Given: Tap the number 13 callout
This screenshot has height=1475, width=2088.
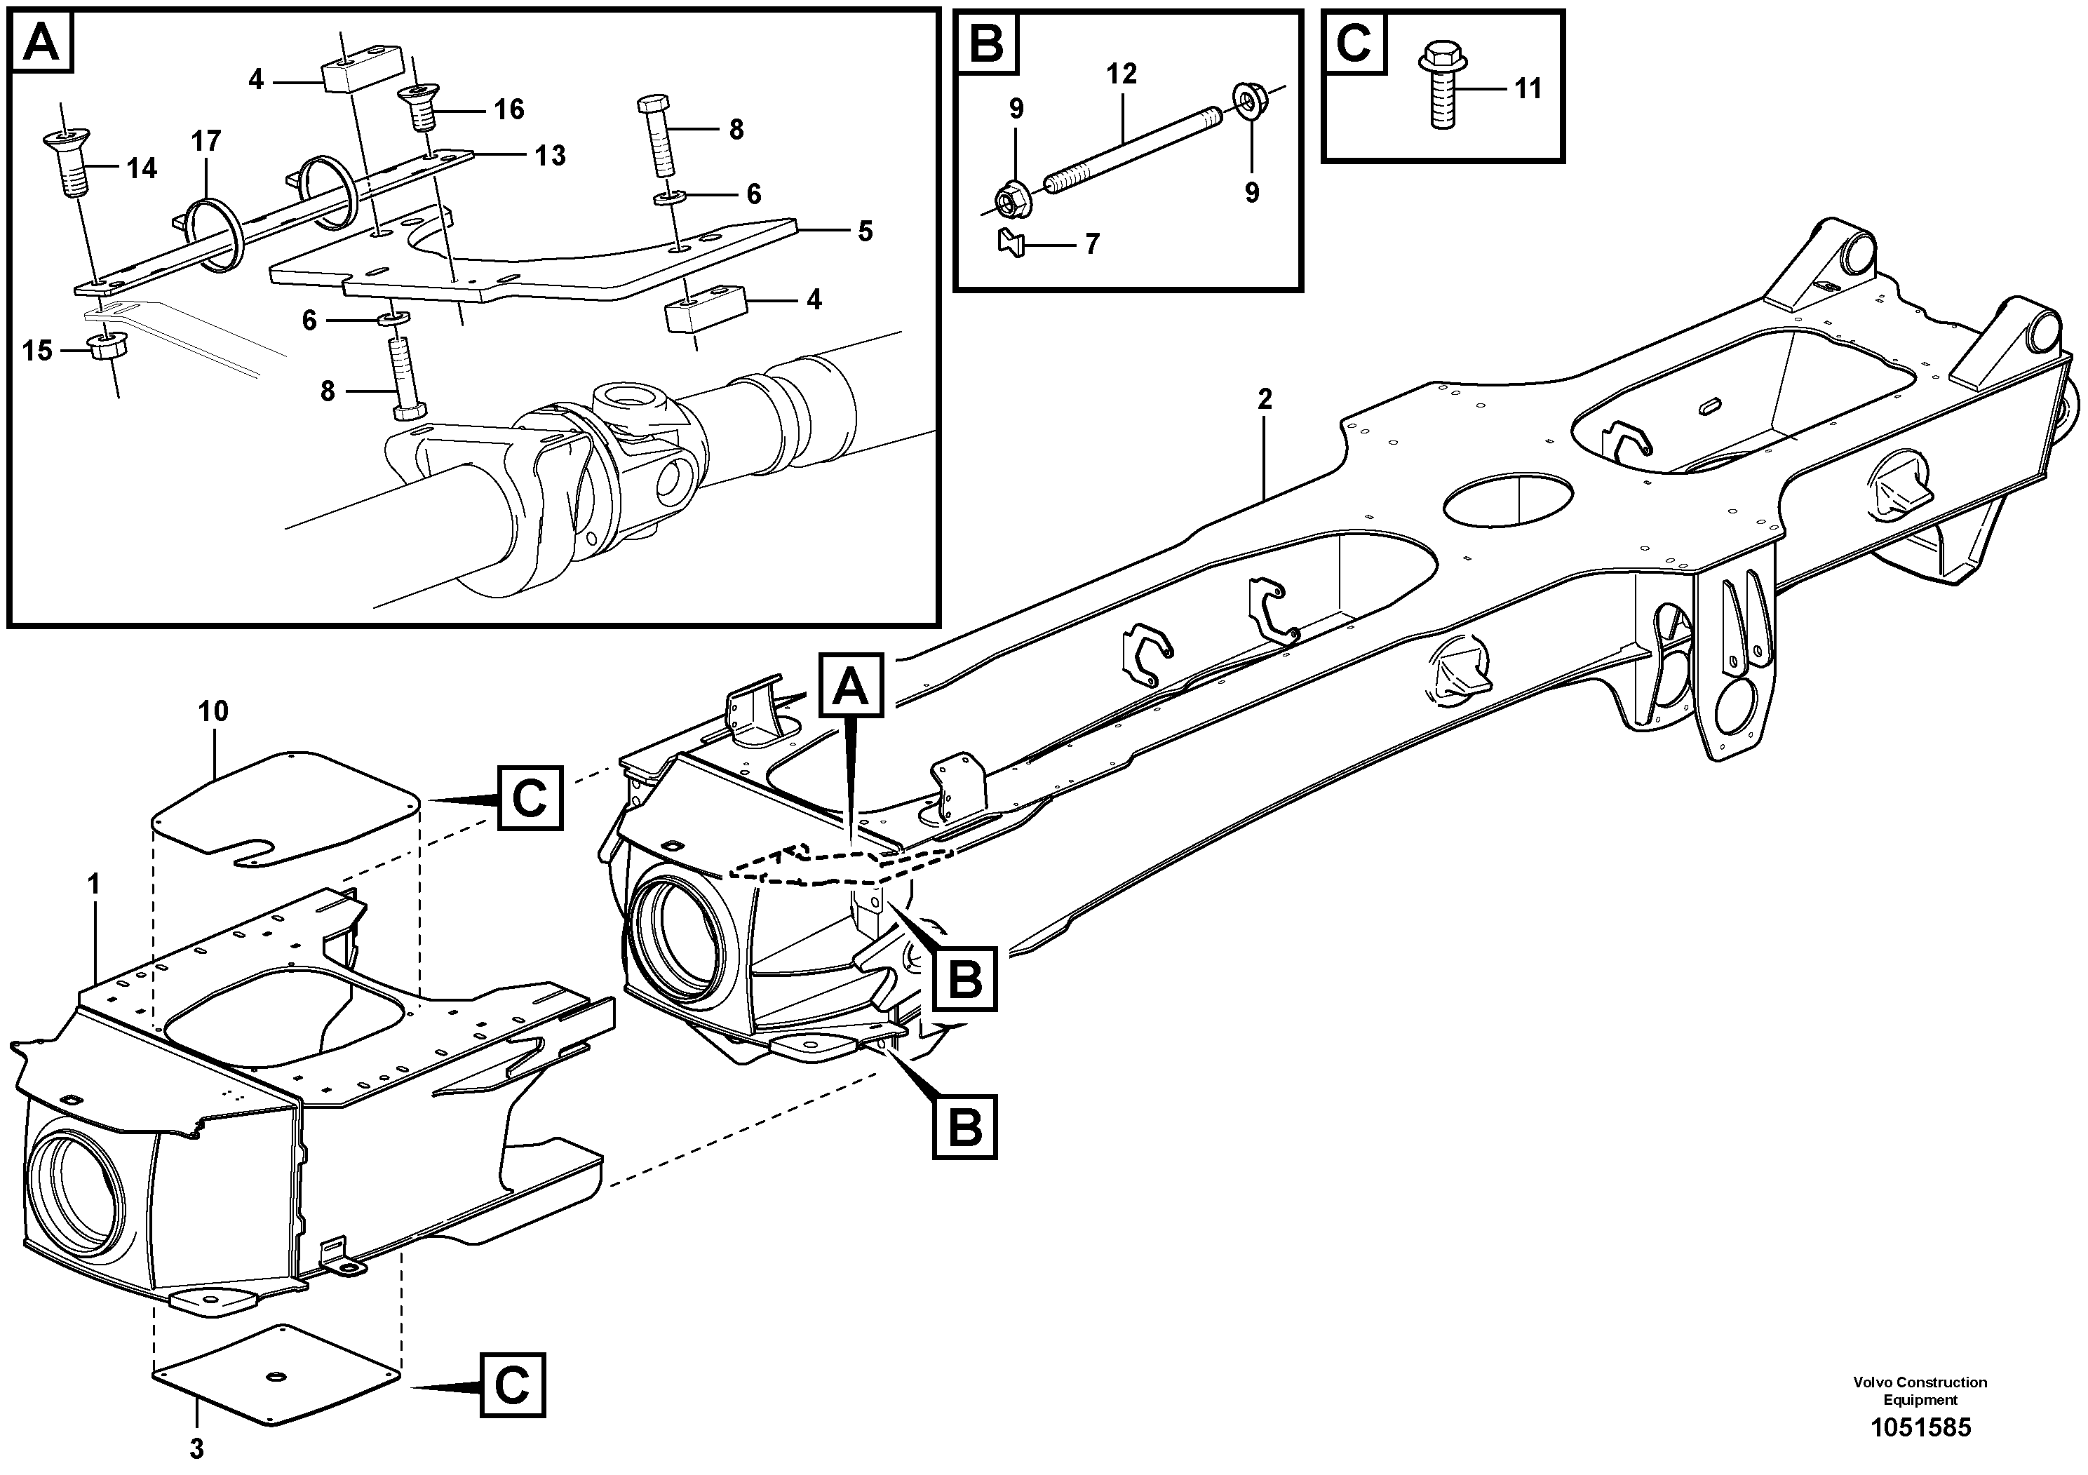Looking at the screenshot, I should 550,156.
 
